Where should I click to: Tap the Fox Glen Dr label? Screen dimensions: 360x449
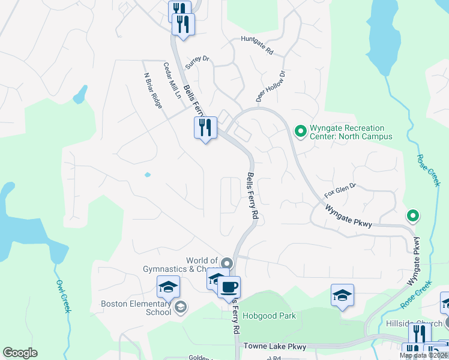340,190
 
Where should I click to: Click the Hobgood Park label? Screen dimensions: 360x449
276,316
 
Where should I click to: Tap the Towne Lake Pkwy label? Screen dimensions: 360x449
275,347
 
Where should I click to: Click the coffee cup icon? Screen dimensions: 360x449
229,287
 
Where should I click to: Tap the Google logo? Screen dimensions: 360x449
20,353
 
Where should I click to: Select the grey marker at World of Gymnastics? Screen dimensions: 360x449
227,263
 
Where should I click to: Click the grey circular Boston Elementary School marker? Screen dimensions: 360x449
180,308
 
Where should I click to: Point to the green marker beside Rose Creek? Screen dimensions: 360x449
412,215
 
